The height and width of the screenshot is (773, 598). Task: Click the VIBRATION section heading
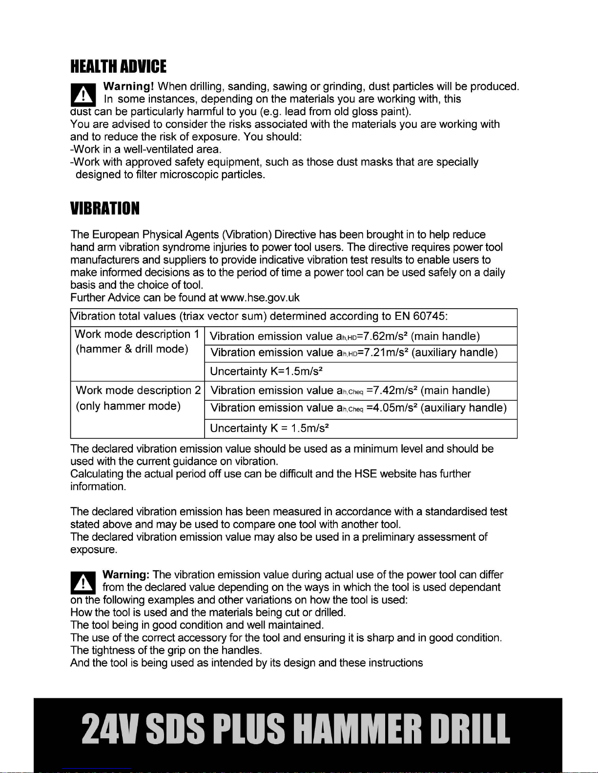pos(105,208)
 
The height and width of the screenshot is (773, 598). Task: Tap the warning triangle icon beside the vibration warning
pos(83,583)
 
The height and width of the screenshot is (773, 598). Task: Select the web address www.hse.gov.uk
pos(260,297)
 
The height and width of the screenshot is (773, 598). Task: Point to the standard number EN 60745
pos(421,316)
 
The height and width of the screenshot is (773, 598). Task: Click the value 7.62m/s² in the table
pos(386,336)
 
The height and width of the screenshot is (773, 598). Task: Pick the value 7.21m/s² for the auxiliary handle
pos(386,353)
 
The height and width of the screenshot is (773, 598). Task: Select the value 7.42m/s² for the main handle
pos(393,390)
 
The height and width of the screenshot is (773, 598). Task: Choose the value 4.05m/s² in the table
pos(393,408)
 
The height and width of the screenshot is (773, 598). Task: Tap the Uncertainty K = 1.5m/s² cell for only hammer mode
pos(269,428)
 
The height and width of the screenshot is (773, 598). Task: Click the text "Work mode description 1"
pos(137,334)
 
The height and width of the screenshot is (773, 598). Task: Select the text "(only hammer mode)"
pos(128,406)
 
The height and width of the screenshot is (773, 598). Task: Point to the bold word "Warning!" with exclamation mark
pos(129,86)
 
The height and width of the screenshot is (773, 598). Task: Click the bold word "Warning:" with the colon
pos(126,575)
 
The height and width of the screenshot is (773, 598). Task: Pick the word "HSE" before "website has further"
pos(366,474)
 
